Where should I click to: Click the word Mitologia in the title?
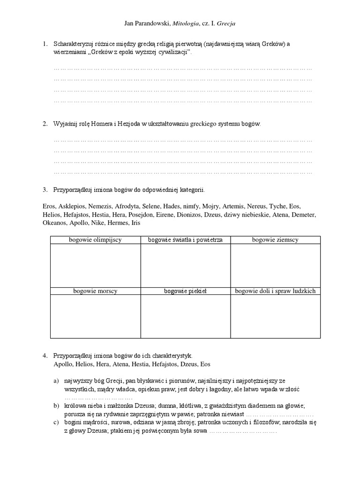[186, 22]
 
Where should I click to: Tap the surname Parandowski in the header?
[153, 22]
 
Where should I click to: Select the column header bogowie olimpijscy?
[95, 240]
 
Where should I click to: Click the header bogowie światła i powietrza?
[185, 240]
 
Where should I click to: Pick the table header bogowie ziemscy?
[275, 240]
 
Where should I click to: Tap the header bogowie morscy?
[95, 291]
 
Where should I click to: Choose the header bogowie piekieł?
[185, 291]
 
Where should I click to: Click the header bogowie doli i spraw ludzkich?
[275, 291]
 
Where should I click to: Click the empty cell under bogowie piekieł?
[185, 316]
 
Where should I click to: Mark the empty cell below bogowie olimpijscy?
[95, 265]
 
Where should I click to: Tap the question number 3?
[45, 190]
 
